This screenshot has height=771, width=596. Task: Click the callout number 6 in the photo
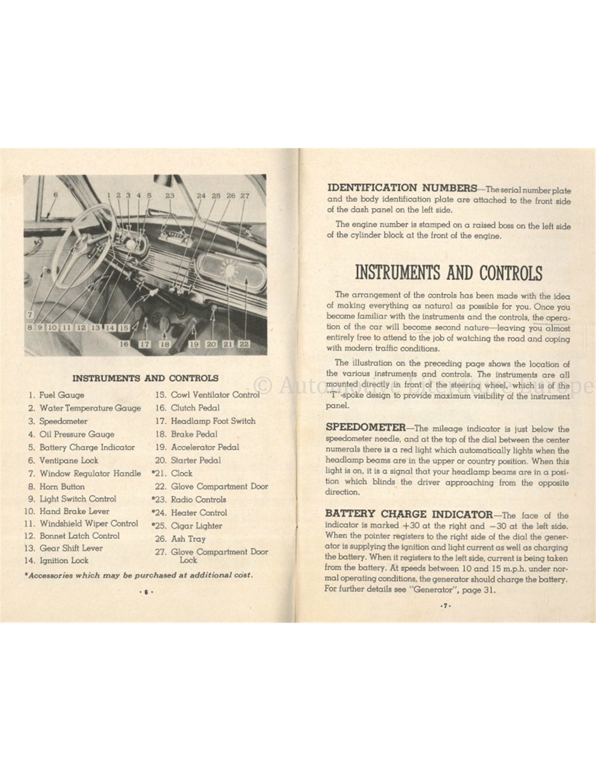click(55, 195)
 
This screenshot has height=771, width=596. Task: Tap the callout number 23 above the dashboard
click(170, 195)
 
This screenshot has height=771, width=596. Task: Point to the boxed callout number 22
click(244, 344)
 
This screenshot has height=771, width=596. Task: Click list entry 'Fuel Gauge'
click(61, 395)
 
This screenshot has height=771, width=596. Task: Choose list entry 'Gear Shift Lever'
click(71, 548)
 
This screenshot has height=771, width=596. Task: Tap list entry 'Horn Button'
click(62, 487)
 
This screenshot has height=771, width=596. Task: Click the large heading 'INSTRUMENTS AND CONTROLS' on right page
click(448, 272)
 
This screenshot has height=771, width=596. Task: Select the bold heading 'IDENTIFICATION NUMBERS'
click(401, 188)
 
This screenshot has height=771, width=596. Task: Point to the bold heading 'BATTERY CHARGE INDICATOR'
click(409, 514)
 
